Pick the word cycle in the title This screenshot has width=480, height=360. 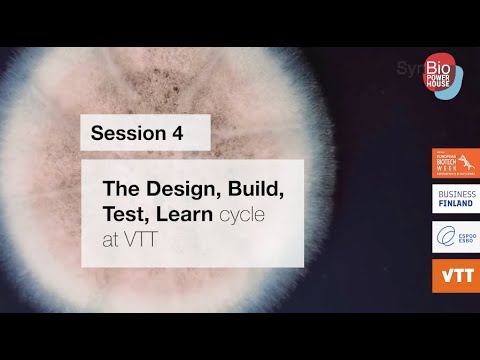tap(244, 213)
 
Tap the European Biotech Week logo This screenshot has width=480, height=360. tap(455, 164)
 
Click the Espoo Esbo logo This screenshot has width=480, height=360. tap(455, 237)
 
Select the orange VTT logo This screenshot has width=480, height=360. tap(455, 275)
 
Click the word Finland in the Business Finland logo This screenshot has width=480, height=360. tap(455, 204)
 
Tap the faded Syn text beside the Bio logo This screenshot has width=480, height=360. tap(408, 72)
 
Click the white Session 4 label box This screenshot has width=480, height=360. tap(145, 133)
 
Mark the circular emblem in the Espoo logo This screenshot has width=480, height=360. tap(444, 237)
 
